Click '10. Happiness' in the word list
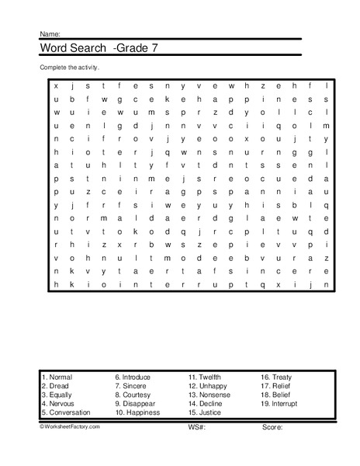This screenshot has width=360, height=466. point(137,412)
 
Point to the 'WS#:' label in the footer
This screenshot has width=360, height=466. point(195,427)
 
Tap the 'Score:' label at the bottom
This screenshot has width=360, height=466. point(272,427)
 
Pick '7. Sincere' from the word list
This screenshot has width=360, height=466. point(132,386)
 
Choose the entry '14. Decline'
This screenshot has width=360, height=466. point(206,404)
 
